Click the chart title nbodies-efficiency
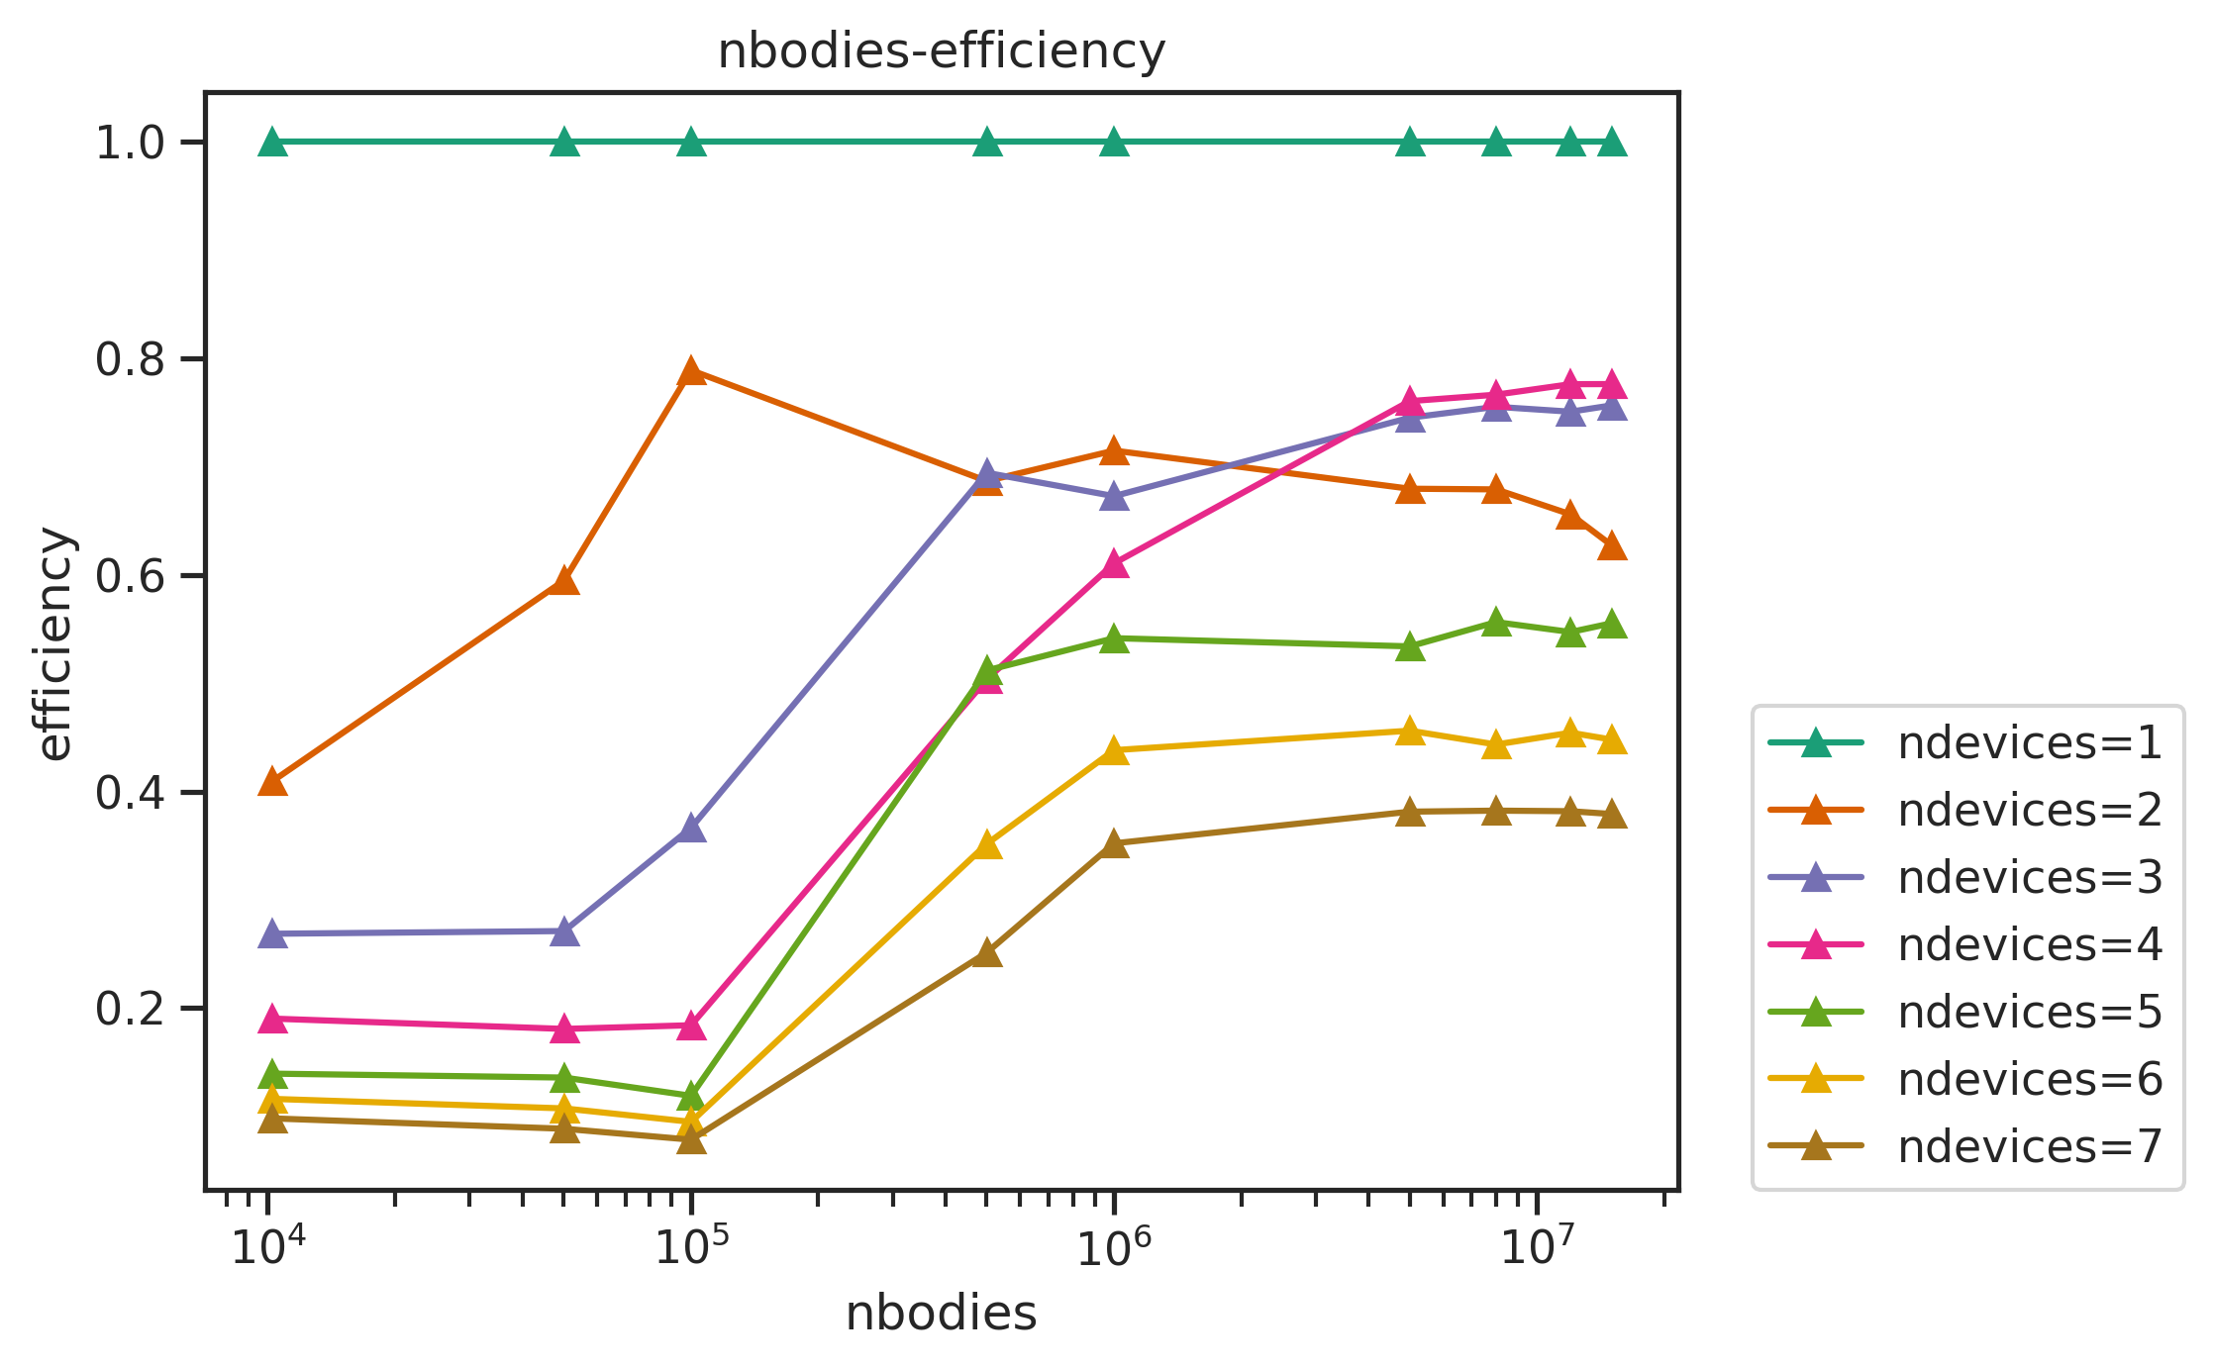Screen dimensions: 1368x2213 [941, 51]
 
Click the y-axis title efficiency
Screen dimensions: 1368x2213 [55, 644]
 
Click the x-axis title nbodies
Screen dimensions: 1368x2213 [941, 1314]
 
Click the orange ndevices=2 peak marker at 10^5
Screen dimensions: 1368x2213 [691, 372]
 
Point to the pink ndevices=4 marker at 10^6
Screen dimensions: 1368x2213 [1114, 564]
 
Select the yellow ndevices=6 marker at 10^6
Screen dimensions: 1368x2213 [1114, 751]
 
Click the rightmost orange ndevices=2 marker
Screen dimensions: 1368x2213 [1611, 546]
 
